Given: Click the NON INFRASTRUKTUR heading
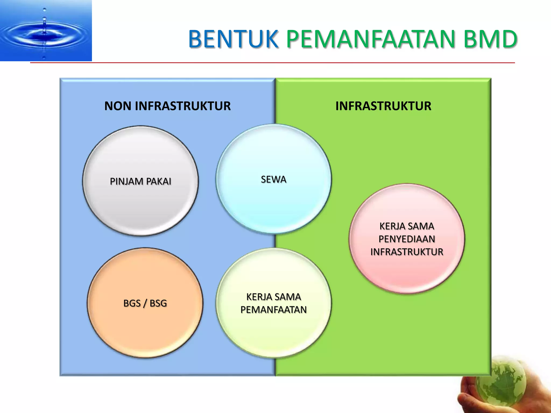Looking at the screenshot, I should [167, 106].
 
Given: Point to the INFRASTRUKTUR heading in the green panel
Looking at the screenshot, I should [383, 106].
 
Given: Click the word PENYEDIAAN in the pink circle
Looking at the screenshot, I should [407, 239].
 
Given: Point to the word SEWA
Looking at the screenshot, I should [273, 179].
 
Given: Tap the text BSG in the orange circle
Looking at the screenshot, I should [158, 303].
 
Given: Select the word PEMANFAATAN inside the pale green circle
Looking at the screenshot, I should [273, 310].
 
